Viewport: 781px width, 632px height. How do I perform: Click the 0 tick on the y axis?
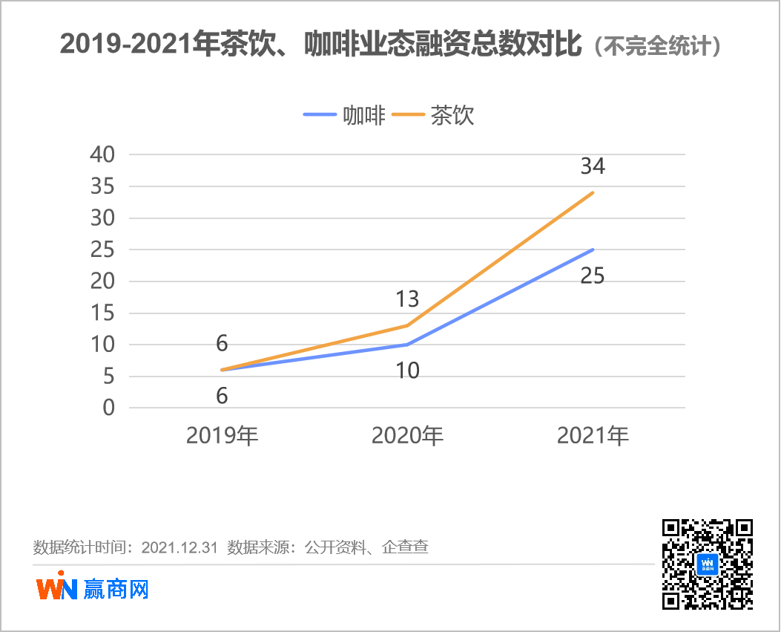pyautogui.click(x=109, y=408)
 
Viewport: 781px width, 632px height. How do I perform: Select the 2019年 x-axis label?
pyautogui.click(x=222, y=436)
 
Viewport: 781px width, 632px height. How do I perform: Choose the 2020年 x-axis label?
pyautogui.click(x=407, y=436)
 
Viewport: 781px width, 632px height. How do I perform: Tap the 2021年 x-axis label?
pyautogui.click(x=593, y=436)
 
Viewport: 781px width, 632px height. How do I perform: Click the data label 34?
pyautogui.click(x=593, y=166)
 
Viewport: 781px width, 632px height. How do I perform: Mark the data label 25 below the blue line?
pyautogui.click(x=593, y=276)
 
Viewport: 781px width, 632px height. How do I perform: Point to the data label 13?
pyautogui.click(x=407, y=299)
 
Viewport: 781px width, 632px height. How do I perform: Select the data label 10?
pyautogui.click(x=407, y=370)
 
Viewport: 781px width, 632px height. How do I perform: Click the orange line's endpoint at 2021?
pyautogui.click(x=593, y=193)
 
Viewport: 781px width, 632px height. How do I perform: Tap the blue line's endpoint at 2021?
pyautogui.click(x=593, y=250)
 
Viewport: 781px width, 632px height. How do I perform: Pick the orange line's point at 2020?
pyautogui.click(x=407, y=325)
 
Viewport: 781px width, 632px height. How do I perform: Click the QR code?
pyautogui.click(x=707, y=564)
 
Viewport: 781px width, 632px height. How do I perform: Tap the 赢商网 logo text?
pyautogui.click(x=116, y=589)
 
